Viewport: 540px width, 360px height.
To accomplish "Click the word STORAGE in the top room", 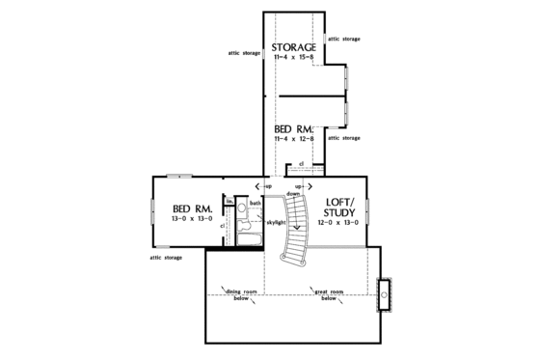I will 293,47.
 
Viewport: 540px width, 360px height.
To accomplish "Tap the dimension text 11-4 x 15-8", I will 293,60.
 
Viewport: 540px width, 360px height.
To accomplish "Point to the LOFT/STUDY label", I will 338,208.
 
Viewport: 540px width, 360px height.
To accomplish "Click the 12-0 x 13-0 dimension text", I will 338,223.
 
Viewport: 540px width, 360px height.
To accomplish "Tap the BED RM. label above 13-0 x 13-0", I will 193,208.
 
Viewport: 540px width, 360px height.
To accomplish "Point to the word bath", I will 256,203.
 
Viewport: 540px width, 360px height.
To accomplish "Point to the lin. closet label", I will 230,202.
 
